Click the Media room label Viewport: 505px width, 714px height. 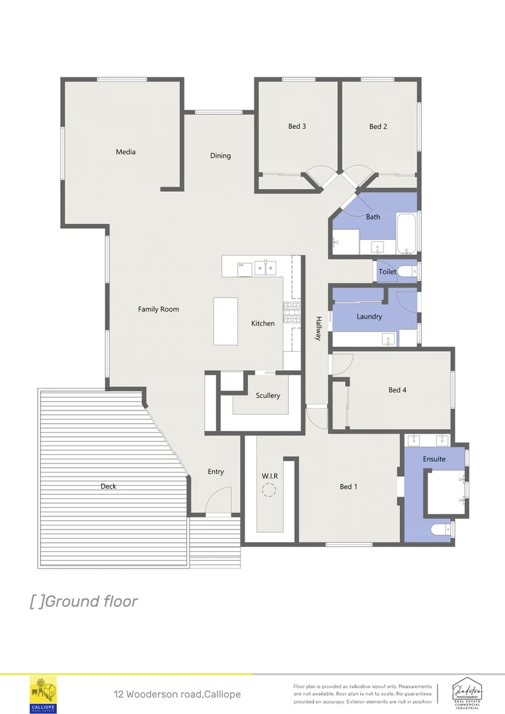click(x=126, y=152)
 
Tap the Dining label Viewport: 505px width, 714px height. click(x=221, y=156)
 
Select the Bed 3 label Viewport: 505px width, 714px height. click(x=297, y=126)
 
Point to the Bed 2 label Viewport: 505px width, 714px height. click(x=378, y=126)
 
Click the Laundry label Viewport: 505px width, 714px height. click(x=369, y=317)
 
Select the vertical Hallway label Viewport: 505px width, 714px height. click(x=318, y=328)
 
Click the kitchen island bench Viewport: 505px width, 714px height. click(x=225, y=321)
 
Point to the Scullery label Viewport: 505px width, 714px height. click(x=268, y=395)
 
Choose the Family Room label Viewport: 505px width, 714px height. click(x=158, y=309)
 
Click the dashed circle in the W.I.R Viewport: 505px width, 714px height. click(x=270, y=490)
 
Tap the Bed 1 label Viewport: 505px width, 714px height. click(x=348, y=487)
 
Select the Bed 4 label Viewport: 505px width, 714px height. click(x=397, y=390)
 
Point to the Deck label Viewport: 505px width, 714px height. click(x=108, y=486)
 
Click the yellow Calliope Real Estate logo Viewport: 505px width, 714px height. click(x=44, y=694)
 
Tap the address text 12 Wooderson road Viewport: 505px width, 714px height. click(x=177, y=694)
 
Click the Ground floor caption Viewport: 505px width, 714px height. click(x=84, y=601)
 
